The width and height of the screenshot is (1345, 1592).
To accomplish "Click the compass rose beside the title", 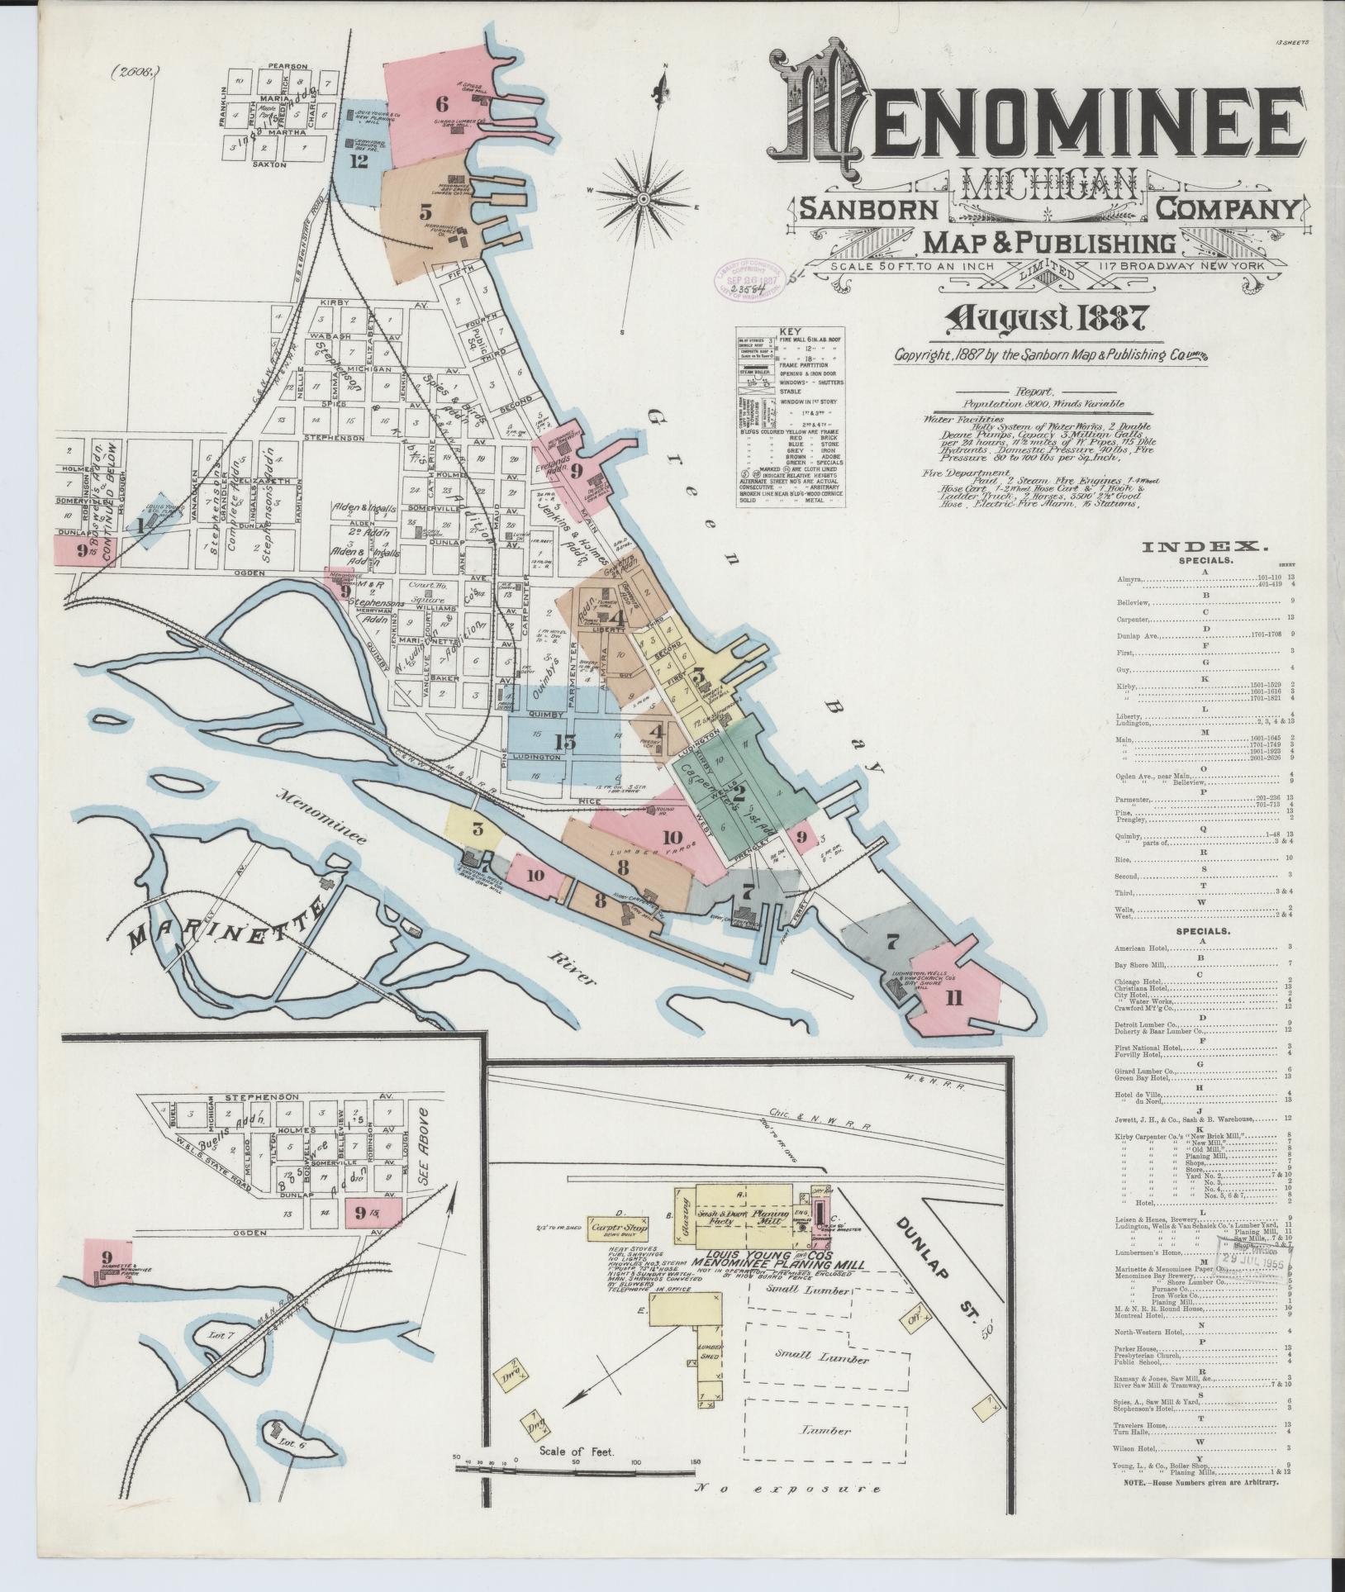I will [x=644, y=198].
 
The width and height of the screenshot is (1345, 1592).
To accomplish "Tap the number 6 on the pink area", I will [x=441, y=104].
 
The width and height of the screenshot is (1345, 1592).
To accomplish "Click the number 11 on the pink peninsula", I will [x=953, y=998].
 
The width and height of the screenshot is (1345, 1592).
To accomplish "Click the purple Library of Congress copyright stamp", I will [x=742, y=279].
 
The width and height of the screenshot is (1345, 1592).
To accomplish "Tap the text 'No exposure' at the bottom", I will [x=786, y=1513].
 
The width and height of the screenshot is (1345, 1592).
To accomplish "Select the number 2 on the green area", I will [x=739, y=792].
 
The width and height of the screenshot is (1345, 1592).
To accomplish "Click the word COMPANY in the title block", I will [x=1228, y=209].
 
